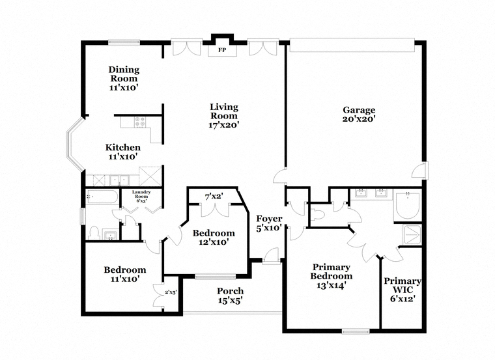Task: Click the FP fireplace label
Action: pos(222,50)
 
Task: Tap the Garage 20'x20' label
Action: pos(359,114)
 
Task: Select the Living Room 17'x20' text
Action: pos(224,116)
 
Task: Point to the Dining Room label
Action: pos(124,78)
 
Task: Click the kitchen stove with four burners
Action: pos(140,122)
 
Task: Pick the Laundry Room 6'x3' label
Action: pos(141,196)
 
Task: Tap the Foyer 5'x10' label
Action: pos(269,223)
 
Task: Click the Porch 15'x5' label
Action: pos(230,296)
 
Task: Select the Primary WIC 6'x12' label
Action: pos(403,290)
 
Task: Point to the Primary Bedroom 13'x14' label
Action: pos(331,276)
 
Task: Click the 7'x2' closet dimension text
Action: pos(214,197)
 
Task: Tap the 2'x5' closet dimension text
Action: pos(171,292)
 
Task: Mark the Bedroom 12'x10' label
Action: pos(214,238)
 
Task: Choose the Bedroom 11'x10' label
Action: pos(125,274)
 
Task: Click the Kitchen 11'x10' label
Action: pos(123,152)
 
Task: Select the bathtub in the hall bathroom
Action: pos(102,197)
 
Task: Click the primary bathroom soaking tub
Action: pos(408,205)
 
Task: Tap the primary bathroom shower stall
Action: pos(412,235)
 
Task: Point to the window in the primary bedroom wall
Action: pos(356,331)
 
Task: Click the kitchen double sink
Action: pos(120,180)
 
